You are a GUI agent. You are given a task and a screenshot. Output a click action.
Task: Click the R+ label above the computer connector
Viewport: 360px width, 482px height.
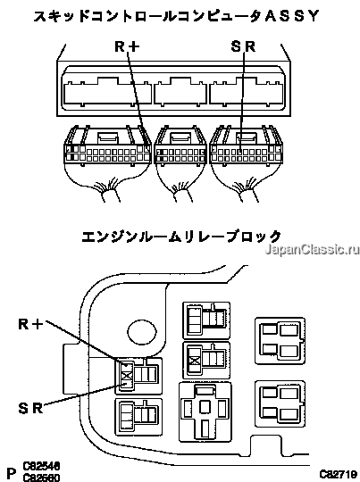[127, 46]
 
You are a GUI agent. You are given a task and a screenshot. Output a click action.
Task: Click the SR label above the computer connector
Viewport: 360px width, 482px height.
[243, 46]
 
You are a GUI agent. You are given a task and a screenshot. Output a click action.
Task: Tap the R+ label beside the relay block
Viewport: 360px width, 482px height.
[30, 324]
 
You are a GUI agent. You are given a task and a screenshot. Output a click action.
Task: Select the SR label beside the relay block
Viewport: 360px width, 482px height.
[30, 408]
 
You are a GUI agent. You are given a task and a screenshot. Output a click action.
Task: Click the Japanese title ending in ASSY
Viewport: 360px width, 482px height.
[176, 16]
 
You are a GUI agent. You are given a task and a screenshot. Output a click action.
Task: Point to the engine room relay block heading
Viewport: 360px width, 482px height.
[181, 237]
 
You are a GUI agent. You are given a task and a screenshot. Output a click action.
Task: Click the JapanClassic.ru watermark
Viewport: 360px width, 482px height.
[312, 249]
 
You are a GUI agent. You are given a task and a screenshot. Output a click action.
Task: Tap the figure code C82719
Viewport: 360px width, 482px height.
[338, 474]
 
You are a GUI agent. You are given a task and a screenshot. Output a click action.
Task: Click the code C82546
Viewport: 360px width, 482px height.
[41, 466]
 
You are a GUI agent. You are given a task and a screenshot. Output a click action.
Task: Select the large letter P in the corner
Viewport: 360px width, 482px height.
[11, 474]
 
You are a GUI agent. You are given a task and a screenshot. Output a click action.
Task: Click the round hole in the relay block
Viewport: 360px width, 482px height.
[142, 332]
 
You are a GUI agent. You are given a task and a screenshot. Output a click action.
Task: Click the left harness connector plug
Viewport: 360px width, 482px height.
[108, 145]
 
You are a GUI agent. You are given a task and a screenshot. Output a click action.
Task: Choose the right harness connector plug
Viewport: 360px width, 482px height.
[247, 145]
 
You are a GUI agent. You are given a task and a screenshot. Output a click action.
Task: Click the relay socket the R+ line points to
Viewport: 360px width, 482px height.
[138, 376]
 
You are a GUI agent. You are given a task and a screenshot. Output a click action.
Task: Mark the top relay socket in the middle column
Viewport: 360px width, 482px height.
[206, 320]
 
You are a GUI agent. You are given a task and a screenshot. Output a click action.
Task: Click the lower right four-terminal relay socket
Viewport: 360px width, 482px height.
[280, 403]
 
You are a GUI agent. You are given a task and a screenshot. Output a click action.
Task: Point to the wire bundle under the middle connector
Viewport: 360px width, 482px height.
[183, 194]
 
